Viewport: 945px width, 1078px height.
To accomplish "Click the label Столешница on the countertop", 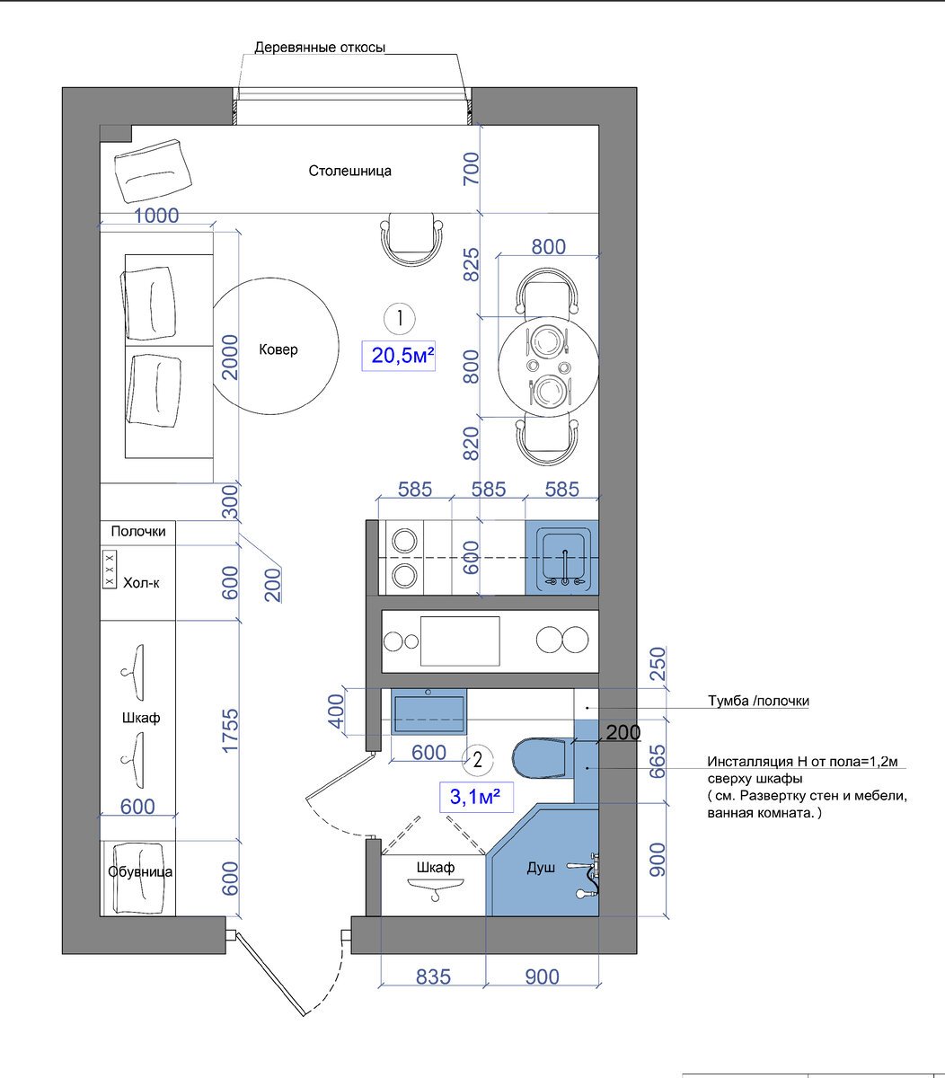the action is coord(349,171).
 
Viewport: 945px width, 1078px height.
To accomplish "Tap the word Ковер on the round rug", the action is coord(278,349).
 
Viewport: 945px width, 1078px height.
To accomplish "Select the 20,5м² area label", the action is coord(399,356).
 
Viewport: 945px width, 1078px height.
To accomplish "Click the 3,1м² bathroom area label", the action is coord(476,797).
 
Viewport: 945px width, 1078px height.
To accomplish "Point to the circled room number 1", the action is coord(400,318).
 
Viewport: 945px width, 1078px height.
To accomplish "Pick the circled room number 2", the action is coord(477,760).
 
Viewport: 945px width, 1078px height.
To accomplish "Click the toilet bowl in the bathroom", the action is coord(540,756).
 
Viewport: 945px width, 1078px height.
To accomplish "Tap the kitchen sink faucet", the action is coord(565,568).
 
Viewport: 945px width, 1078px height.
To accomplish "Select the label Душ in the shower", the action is coord(541,867).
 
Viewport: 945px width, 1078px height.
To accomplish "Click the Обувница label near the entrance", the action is coord(140,871).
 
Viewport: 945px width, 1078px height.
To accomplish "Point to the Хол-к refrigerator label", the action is coord(141,583).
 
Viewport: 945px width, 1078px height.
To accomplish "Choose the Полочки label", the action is coord(137,531).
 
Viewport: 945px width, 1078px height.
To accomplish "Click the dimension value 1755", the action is coord(230,730).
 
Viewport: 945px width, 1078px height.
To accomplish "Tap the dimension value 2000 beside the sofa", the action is coord(230,357).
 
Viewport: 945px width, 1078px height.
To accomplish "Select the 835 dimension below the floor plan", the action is coord(433,976).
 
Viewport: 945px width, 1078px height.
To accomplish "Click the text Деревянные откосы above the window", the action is coord(320,48).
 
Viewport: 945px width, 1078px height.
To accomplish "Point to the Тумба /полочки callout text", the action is coord(758,701).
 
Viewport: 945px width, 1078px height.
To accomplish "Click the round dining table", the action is coord(548,367).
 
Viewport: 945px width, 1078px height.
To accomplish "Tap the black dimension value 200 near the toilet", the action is coord(623,733).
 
